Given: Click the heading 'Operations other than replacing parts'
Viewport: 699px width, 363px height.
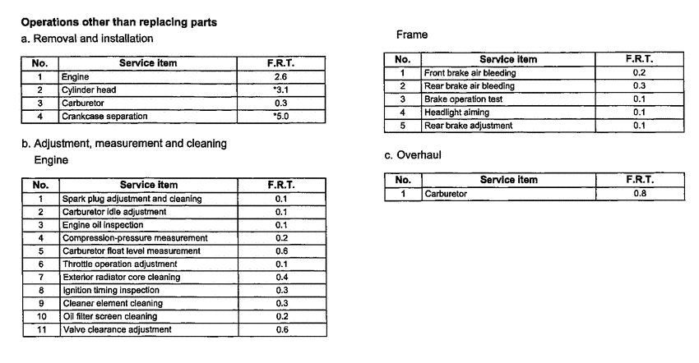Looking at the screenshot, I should [119, 22].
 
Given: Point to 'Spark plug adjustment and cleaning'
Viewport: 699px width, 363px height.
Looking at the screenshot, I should [132, 199].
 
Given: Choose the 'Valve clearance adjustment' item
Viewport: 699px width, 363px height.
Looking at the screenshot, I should [117, 329].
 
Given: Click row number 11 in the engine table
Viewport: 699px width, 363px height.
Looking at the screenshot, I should [40, 329].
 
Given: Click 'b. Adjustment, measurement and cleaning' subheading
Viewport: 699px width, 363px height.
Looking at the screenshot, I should [124, 144].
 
